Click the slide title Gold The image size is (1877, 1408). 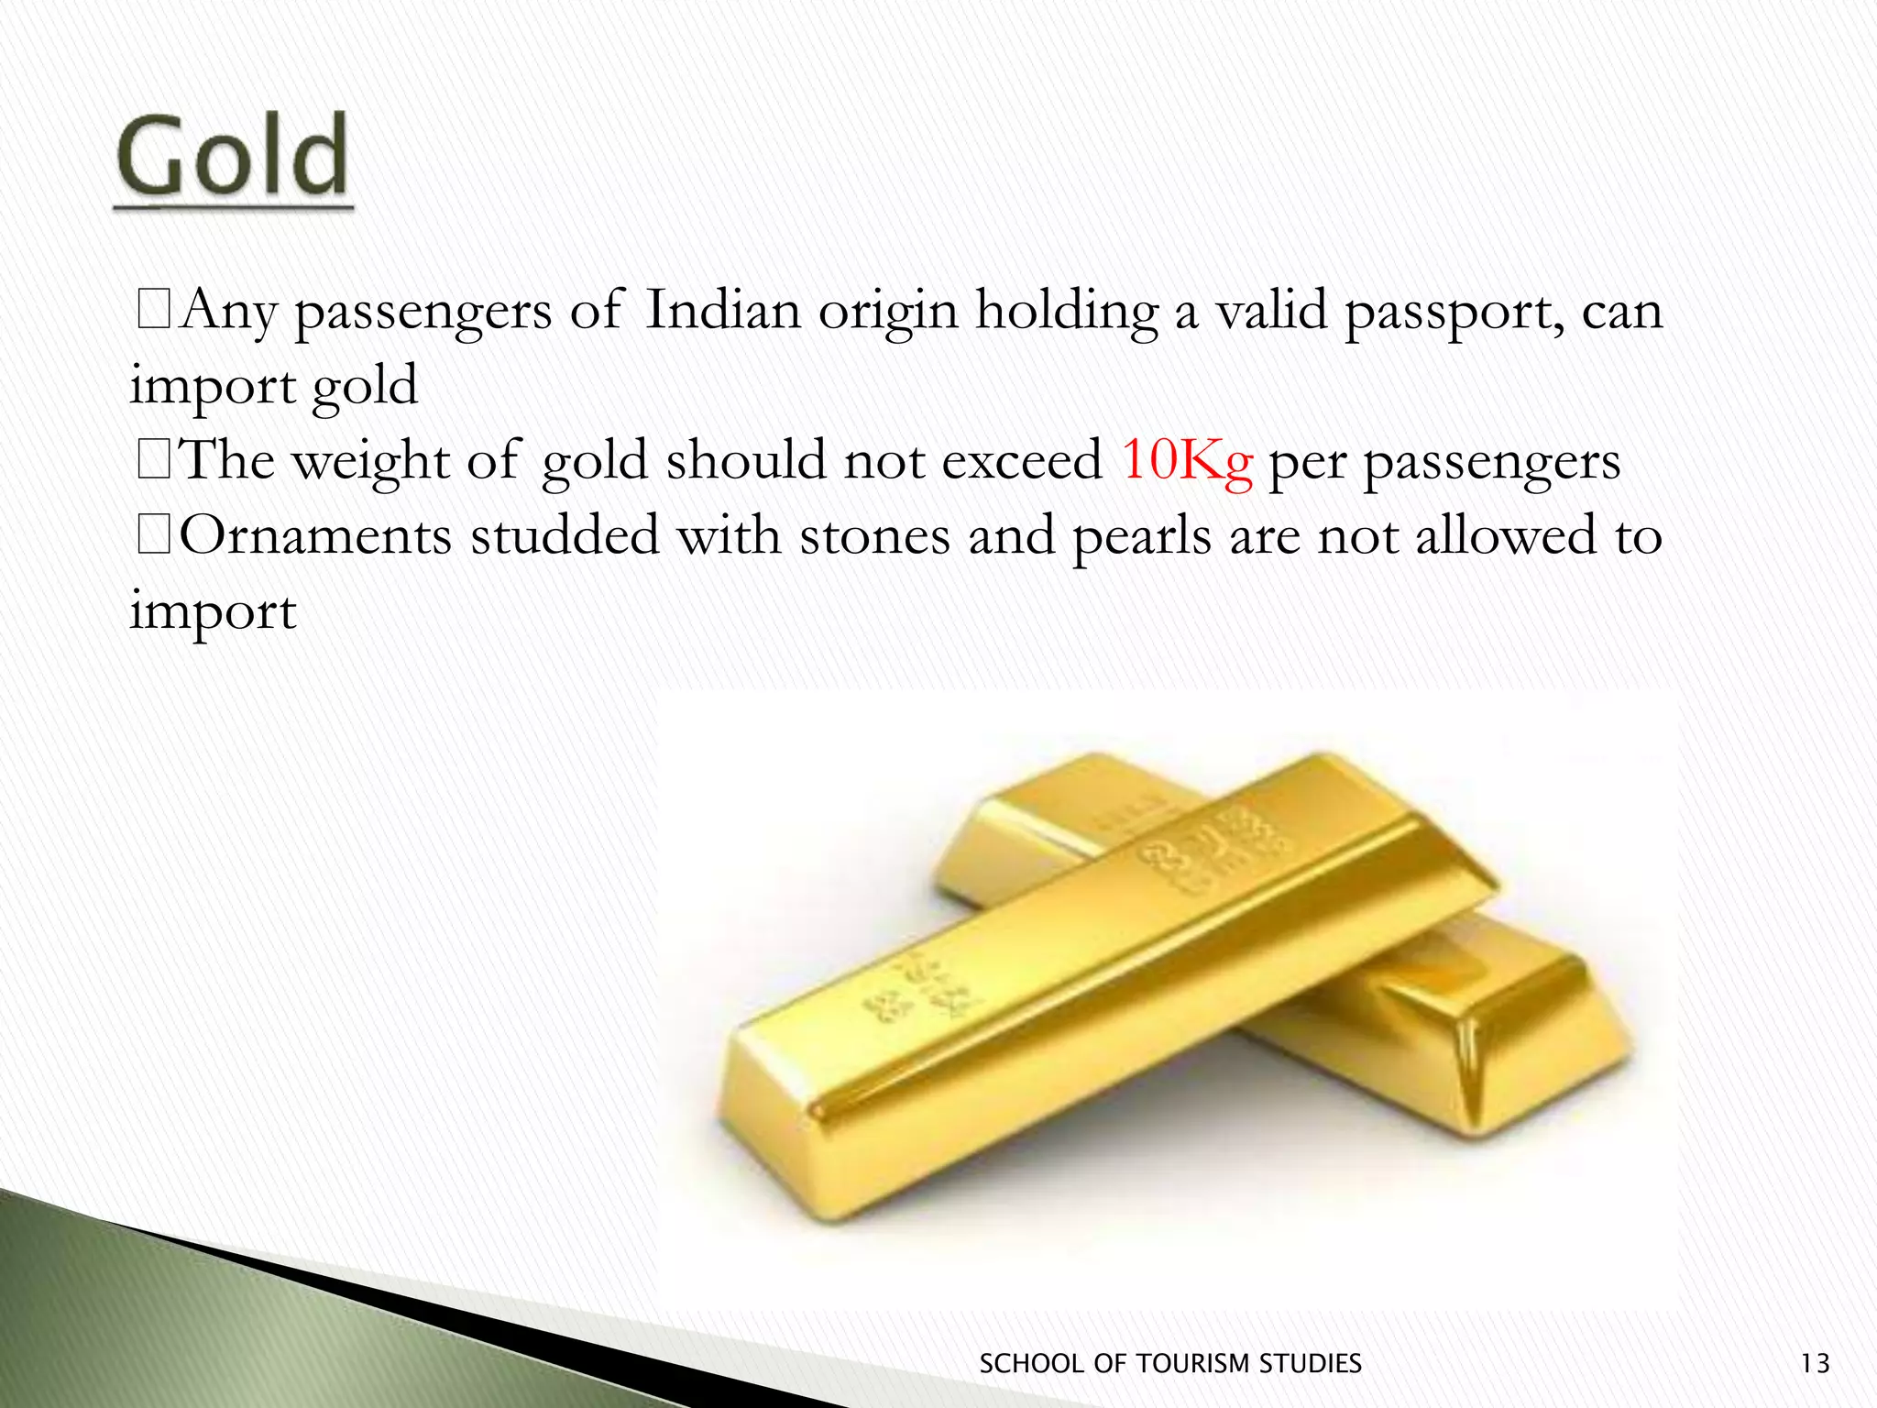pyautogui.click(x=233, y=156)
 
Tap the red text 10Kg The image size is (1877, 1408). pyautogui.click(x=1186, y=459)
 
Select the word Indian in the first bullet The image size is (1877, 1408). pyautogui.click(x=723, y=310)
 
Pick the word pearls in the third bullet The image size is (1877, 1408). pyautogui.click(x=1142, y=537)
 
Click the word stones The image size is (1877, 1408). pyautogui.click(x=874, y=535)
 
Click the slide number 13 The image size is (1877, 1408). pyautogui.click(x=1815, y=1364)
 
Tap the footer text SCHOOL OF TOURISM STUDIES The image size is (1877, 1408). pyautogui.click(x=1170, y=1364)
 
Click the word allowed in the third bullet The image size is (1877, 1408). pyautogui.click(x=1506, y=535)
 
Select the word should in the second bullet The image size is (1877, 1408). pyautogui.click(x=746, y=459)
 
